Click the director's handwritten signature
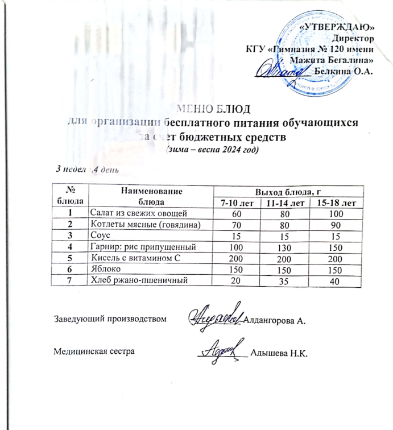click(x=280, y=70)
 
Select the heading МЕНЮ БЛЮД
click(x=214, y=110)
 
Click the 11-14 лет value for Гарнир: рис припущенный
click(x=284, y=247)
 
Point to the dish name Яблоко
click(x=102, y=269)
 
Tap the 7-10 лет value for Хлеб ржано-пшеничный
click(x=234, y=280)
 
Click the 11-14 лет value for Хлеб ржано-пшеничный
click(x=284, y=280)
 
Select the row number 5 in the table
click(x=72, y=258)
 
